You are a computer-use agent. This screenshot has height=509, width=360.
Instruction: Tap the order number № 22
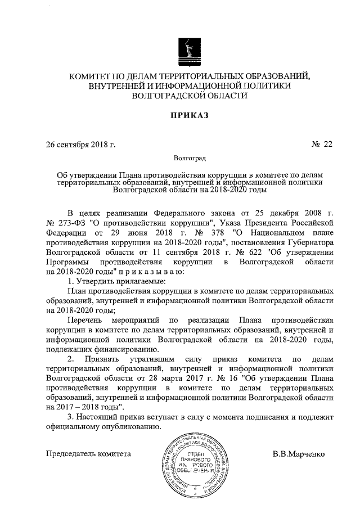pos(322,145)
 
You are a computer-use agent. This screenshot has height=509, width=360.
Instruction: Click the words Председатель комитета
pos(88,453)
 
